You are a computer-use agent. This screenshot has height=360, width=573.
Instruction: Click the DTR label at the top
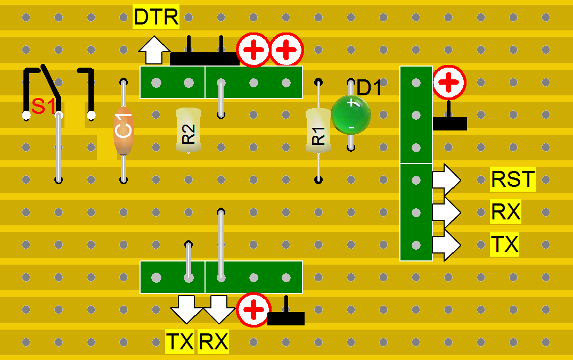(x=156, y=17)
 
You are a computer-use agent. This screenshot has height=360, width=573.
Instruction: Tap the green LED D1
(x=350, y=115)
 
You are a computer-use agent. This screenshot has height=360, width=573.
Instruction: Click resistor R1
(x=318, y=131)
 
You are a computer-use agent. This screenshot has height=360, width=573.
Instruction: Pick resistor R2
(x=189, y=130)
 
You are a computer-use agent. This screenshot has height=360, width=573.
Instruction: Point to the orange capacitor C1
(x=123, y=130)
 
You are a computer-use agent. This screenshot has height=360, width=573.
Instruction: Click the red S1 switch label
(x=43, y=107)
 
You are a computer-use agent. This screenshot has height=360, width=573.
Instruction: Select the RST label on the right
(x=512, y=179)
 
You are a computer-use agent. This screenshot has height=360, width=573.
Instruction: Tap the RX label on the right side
(x=505, y=212)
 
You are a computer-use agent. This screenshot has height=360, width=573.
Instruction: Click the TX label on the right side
(x=504, y=244)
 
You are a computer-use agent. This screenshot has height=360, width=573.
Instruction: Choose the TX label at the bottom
(x=180, y=342)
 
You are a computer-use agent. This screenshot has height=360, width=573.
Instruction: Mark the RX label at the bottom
(x=213, y=342)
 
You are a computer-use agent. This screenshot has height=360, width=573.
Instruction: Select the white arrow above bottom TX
(x=187, y=309)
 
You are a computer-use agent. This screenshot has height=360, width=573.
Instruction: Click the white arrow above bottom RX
(x=219, y=309)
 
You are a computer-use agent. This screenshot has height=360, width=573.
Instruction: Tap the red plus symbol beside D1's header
(x=449, y=83)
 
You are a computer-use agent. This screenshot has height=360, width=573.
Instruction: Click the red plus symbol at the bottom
(x=253, y=309)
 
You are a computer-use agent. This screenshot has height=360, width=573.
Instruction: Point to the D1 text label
(x=370, y=88)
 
